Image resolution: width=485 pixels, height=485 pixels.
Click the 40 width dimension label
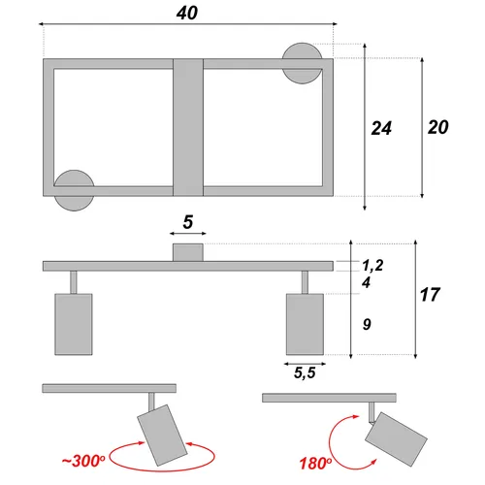(x=187, y=14)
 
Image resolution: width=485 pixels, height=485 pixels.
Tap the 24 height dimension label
(x=381, y=128)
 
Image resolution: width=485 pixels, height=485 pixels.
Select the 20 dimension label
(x=438, y=127)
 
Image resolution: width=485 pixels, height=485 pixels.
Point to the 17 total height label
(x=430, y=295)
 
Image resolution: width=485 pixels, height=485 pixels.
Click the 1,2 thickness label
(x=372, y=266)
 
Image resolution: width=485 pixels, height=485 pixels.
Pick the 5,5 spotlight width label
(x=305, y=372)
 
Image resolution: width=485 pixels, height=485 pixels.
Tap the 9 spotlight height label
(x=367, y=324)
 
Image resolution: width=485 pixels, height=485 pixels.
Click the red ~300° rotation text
(x=83, y=461)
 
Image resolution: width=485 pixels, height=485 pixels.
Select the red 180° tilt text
(x=315, y=464)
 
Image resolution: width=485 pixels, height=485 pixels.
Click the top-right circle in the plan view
(x=302, y=63)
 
